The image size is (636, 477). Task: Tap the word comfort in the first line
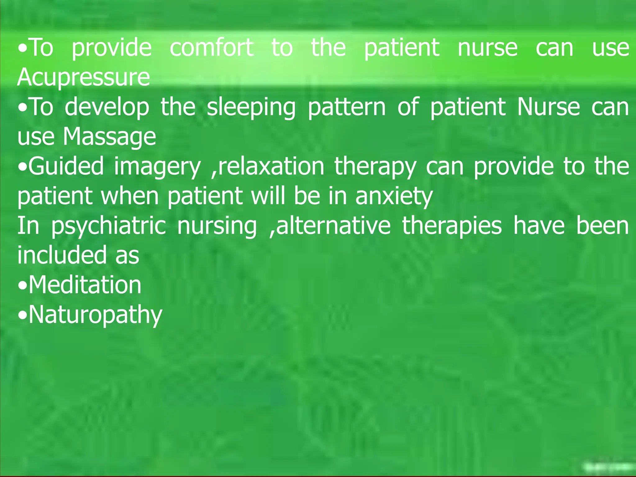(212, 48)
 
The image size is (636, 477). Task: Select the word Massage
(109, 137)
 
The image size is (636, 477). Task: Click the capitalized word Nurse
(548, 107)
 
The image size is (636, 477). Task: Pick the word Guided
(66, 166)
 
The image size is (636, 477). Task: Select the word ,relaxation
(267, 166)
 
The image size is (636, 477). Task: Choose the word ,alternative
(330, 226)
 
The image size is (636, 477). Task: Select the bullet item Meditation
(85, 285)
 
